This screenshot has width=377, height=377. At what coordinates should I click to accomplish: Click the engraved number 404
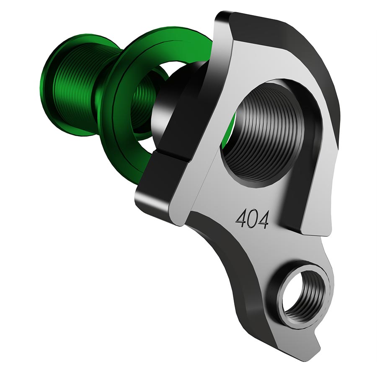[252, 218]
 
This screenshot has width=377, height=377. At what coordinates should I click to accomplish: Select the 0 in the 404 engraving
[252, 218]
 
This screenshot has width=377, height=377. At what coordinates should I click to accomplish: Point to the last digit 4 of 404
[263, 218]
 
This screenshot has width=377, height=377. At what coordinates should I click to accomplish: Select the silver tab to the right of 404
[310, 209]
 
